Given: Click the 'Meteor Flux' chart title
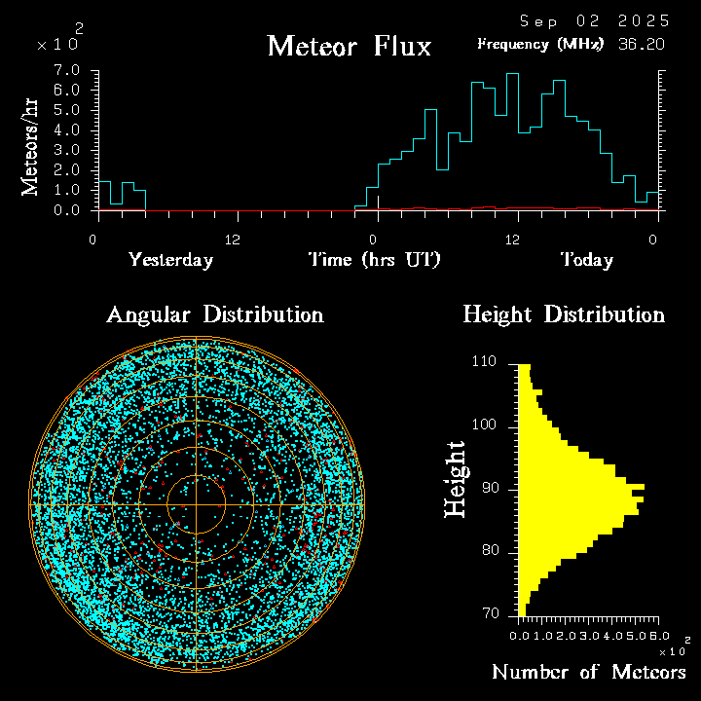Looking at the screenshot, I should [x=349, y=46].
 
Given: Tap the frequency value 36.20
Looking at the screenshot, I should [x=644, y=44].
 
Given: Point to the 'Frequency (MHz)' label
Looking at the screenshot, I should [x=540, y=44].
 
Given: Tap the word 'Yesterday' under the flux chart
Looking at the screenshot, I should [x=171, y=260].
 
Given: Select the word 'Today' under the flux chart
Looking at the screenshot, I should [x=586, y=260].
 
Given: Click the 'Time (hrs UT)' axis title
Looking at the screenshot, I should [x=374, y=260].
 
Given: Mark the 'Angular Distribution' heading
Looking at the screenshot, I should [x=215, y=314].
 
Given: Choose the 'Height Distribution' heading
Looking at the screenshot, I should [x=564, y=314].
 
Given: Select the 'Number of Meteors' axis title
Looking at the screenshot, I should [x=588, y=672].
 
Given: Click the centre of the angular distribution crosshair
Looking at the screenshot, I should [x=196, y=503].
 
